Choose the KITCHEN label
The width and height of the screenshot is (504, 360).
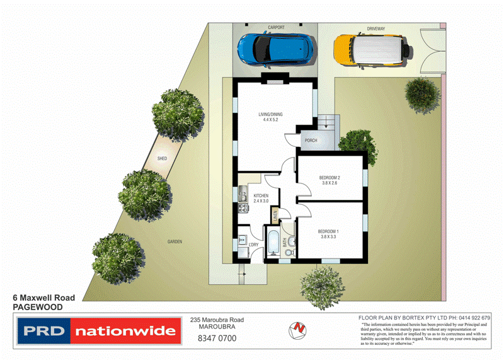pyautogui.click(x=261, y=196)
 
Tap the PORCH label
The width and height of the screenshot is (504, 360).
pyautogui.click(x=310, y=141)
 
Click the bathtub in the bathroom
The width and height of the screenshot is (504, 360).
pyautogui.click(x=273, y=244)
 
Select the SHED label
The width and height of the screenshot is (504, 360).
pyautogui.click(x=162, y=158)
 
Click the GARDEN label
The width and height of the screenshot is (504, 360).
pyautogui.click(x=175, y=241)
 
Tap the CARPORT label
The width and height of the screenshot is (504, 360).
pyautogui.click(x=276, y=28)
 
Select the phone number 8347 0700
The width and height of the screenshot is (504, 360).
pyautogui.click(x=217, y=339)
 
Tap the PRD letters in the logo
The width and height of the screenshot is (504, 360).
pyautogui.click(x=43, y=331)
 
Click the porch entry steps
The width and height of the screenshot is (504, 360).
pyautogui.click(x=327, y=124)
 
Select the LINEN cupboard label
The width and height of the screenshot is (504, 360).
pyautogui.click(x=275, y=216)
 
